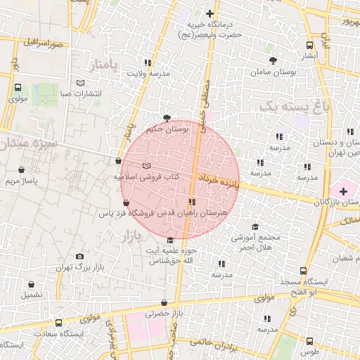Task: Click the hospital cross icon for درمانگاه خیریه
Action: click(x=210, y=13)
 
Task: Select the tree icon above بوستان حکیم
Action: click(x=166, y=117)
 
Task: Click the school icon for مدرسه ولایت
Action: click(x=147, y=62)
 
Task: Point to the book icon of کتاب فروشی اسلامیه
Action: click(x=146, y=166)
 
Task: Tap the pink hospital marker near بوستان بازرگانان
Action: click(x=343, y=191)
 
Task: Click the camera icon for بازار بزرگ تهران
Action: click(x=79, y=257)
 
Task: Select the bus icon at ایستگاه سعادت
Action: click(x=58, y=323)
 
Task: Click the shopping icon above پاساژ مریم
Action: click(x=22, y=169)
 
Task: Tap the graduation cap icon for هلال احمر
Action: click(x=255, y=226)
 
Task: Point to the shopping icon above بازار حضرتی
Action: click(x=164, y=303)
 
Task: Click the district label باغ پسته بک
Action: click(x=294, y=106)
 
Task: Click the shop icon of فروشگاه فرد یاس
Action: click(x=125, y=202)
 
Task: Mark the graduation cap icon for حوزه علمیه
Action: click(x=169, y=240)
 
